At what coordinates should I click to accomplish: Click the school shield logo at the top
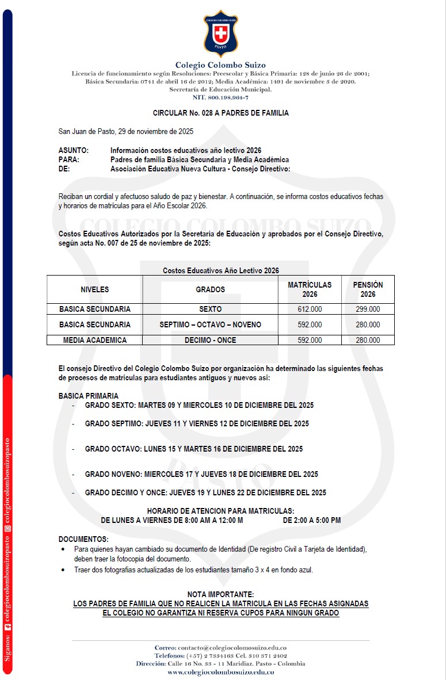tap(220, 33)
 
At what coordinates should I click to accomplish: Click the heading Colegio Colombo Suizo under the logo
tap(220, 65)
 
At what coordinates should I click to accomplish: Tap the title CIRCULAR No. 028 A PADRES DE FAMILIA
tap(220, 113)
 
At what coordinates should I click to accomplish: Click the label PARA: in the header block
tap(69, 160)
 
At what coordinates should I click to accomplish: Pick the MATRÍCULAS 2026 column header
tap(310, 289)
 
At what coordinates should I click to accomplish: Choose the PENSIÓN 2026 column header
tap(368, 289)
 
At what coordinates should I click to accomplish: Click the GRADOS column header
tap(210, 289)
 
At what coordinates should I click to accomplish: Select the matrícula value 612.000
tap(310, 310)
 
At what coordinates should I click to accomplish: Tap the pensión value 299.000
tap(368, 310)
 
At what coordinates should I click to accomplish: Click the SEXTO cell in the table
tap(210, 310)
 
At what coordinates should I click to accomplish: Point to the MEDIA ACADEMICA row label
tap(95, 341)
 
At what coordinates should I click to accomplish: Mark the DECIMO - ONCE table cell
tap(210, 341)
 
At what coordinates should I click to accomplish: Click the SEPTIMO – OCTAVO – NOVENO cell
tap(210, 325)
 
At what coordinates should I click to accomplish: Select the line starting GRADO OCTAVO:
tap(193, 449)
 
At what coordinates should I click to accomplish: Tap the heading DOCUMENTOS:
tap(83, 539)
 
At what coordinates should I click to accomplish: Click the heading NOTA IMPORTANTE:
tap(220, 594)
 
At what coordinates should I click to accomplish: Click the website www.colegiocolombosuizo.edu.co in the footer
tap(220, 672)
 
